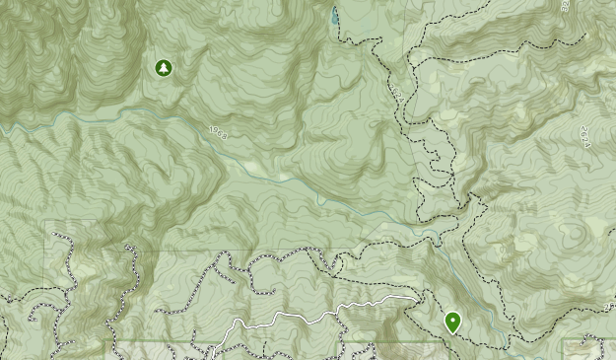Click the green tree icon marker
[163, 68]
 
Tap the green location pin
[452, 322]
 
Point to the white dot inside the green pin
[452, 319]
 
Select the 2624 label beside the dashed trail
[397, 95]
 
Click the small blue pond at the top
[335, 16]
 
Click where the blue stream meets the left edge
[2, 125]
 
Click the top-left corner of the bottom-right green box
[563, 341]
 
